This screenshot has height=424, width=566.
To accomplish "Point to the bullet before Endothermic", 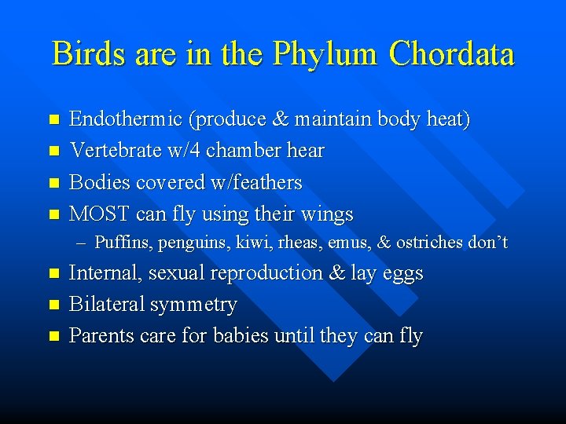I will [53, 120].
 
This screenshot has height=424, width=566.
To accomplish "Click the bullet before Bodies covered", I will [53, 183].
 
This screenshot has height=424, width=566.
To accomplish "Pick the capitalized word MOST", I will [100, 214].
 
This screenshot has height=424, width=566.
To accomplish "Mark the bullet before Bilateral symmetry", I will [53, 305].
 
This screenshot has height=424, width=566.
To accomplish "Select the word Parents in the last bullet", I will [101, 336].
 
